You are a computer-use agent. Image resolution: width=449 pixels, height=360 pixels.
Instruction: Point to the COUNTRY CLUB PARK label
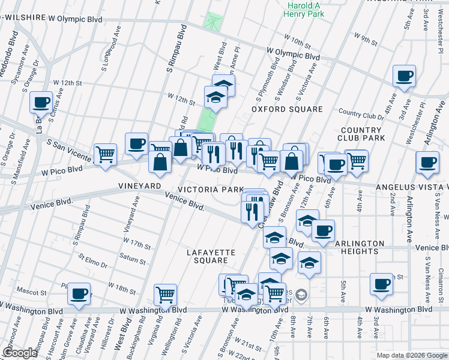(x=362, y=134)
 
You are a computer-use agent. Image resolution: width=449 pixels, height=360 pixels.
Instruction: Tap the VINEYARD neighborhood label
(x=140, y=186)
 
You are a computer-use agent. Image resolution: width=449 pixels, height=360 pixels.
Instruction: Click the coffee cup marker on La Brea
(x=41, y=103)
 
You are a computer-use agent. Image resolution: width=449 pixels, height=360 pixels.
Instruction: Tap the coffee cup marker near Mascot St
(x=79, y=294)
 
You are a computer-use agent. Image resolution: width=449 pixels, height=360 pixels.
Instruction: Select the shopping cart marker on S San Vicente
(x=105, y=154)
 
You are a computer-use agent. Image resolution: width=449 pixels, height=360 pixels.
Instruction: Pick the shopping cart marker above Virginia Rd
(x=165, y=295)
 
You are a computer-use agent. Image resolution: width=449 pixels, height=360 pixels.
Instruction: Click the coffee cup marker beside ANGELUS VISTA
(x=427, y=162)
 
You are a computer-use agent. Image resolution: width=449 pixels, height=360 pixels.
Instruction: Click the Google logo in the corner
(x=19, y=353)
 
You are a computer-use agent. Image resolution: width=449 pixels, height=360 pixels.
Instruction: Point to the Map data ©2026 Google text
(x=411, y=355)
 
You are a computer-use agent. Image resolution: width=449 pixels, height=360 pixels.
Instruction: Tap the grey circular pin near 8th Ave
(x=301, y=295)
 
